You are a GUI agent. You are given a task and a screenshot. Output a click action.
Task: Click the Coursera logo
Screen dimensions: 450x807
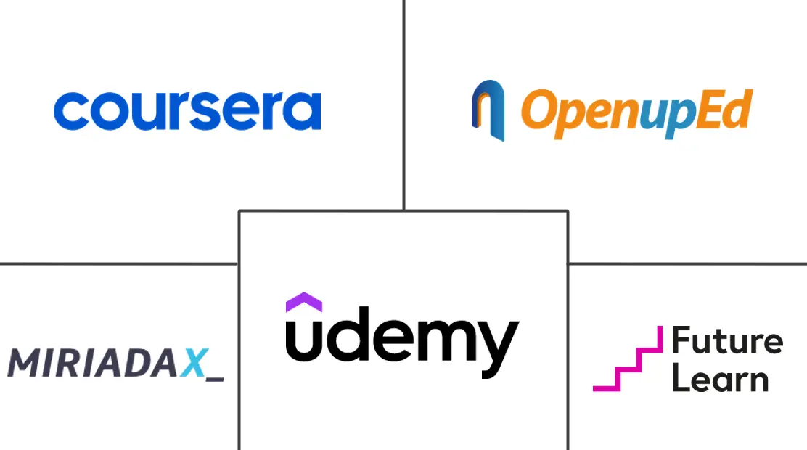click(x=187, y=111)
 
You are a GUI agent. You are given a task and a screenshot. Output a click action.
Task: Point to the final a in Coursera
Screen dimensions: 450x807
click(x=305, y=112)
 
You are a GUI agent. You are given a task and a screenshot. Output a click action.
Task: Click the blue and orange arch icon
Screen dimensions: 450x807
click(x=488, y=110)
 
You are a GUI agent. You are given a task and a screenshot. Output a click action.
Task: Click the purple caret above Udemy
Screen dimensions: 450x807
click(x=304, y=301)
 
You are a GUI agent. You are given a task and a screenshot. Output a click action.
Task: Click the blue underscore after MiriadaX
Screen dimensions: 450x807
click(x=216, y=378)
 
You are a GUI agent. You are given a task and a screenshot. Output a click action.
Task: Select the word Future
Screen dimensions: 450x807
click(x=727, y=341)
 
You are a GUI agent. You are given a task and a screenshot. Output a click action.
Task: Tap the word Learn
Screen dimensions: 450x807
click(x=720, y=379)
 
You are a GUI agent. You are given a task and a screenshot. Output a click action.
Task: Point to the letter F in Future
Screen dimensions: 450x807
click(x=681, y=341)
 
